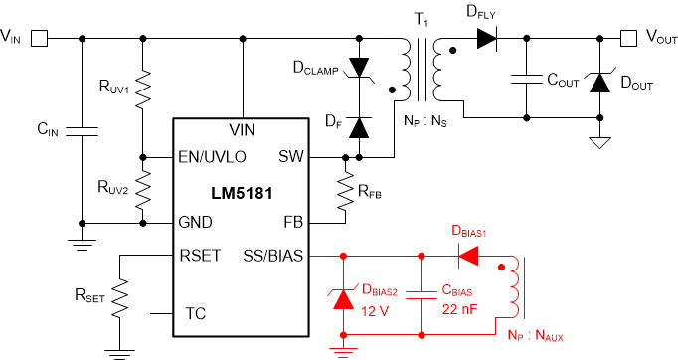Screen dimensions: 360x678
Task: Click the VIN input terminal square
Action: click(x=40, y=39)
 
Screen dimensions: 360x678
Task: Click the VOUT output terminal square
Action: click(x=628, y=39)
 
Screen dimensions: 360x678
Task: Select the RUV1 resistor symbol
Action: click(x=144, y=90)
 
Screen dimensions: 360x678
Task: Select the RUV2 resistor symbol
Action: click(x=144, y=188)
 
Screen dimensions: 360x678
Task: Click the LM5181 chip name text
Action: click(x=242, y=189)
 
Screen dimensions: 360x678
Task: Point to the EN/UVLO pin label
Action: click(x=212, y=157)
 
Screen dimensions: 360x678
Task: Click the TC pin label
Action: click(x=197, y=314)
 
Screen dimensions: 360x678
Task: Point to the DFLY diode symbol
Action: click(x=486, y=39)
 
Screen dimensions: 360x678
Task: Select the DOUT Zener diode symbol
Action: click(x=598, y=83)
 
